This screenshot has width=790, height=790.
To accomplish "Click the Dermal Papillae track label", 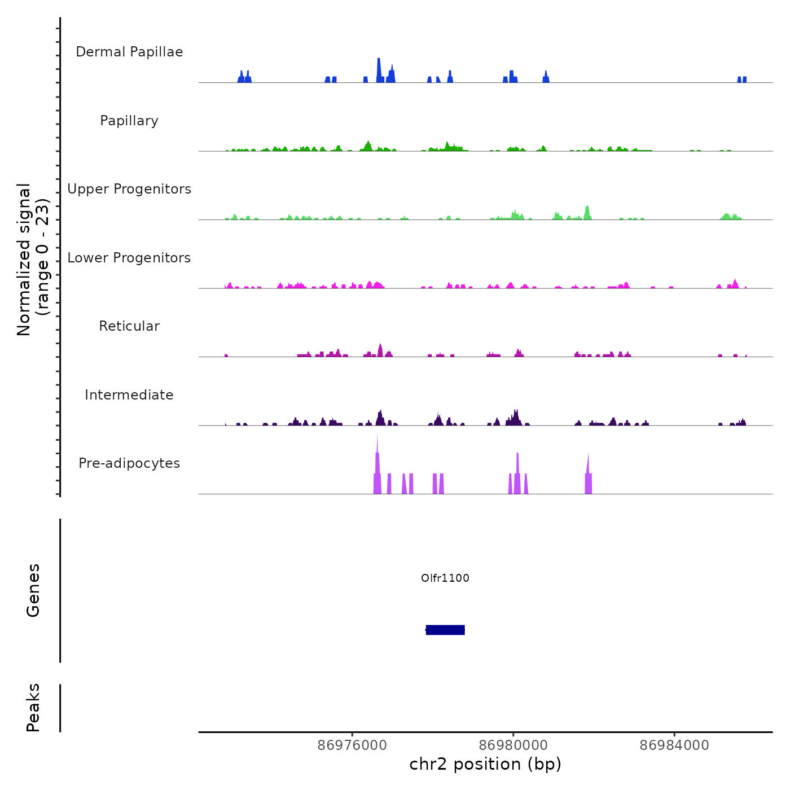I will (x=129, y=52).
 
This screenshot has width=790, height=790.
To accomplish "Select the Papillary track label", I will (x=129, y=121).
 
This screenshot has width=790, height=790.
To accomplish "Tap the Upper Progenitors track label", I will (x=129, y=189).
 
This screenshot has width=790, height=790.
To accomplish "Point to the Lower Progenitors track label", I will (x=129, y=258).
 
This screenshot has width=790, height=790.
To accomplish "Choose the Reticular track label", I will (x=129, y=326).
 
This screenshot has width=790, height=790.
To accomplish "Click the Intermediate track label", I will (x=129, y=395).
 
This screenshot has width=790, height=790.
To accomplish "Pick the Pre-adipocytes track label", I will (x=129, y=463).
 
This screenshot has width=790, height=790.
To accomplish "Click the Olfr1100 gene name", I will (x=445, y=578).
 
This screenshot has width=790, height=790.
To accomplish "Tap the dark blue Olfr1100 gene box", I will (x=445, y=630).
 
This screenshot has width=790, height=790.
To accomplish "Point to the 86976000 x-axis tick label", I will (x=352, y=745).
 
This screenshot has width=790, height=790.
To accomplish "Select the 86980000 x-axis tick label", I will (x=513, y=745).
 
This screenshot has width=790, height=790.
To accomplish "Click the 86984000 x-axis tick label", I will (x=674, y=745).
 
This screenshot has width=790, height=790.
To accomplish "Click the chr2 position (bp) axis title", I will (x=485, y=764).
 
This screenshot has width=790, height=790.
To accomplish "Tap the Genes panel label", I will (x=33, y=590).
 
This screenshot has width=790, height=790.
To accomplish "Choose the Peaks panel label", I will (x=33, y=708).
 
